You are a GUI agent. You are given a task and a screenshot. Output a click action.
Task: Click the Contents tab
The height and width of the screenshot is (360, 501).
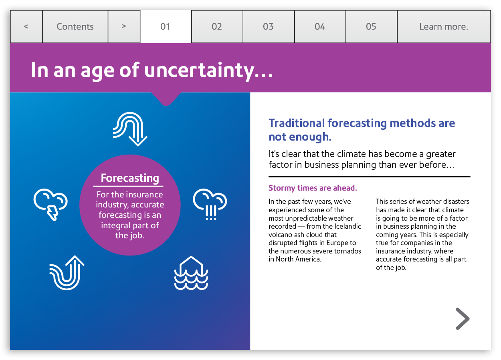point(75,26)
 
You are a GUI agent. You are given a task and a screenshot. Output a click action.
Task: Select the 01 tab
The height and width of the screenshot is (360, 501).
point(166,26)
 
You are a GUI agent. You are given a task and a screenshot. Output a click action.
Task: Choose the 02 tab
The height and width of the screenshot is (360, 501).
point(217,26)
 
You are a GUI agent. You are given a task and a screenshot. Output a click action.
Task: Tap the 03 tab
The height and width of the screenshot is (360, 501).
point(269,26)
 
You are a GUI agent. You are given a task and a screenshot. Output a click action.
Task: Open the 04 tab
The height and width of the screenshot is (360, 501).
point(320,26)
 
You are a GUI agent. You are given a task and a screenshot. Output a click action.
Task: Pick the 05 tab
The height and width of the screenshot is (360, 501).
point(372,26)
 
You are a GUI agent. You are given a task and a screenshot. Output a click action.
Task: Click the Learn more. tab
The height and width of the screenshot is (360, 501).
point(444,26)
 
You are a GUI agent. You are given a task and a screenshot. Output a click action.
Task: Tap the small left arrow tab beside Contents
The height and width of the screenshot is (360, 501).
point(26,26)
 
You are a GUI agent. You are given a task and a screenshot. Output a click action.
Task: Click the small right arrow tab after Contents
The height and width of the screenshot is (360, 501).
point(124,26)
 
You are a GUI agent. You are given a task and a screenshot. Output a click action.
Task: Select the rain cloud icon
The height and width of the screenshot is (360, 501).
point(210,204)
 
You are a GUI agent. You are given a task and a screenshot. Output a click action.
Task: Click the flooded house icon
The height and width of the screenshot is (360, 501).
point(191,273)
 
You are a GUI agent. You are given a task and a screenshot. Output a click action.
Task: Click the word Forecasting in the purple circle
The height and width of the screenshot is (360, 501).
point(130,178)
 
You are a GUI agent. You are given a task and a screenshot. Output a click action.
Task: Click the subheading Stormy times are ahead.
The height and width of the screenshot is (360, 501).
point(313,188)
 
